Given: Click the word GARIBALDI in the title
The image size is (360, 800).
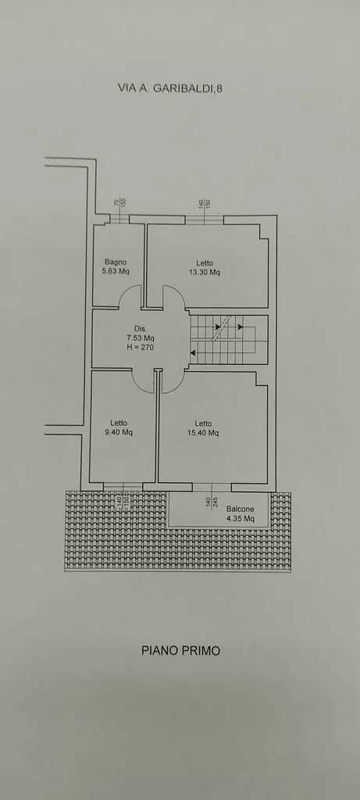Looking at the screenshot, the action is click(183, 87).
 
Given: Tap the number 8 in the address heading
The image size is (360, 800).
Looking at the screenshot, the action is click(219, 87).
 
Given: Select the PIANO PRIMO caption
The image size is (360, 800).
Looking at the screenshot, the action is click(180, 651).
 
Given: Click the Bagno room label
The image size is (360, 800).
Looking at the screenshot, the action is click(116, 262).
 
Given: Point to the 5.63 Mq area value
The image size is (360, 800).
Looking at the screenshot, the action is click(116, 271).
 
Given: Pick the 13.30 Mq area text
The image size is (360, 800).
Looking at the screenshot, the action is click(205, 273).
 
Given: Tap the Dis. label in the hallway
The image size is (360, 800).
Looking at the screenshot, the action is click(141, 329).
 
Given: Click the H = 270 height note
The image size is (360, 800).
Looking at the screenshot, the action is click(141, 348).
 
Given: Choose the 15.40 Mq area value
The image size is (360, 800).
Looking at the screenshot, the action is click(203, 433).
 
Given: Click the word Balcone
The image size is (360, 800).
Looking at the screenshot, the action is click(241, 509).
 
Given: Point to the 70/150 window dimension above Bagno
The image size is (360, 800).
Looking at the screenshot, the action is click(119, 203).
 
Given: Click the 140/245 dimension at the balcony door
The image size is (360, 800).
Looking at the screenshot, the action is click(212, 502).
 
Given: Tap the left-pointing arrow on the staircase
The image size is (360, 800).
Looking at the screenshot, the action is click(193, 352).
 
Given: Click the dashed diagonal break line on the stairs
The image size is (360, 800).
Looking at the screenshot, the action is click(221, 327).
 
